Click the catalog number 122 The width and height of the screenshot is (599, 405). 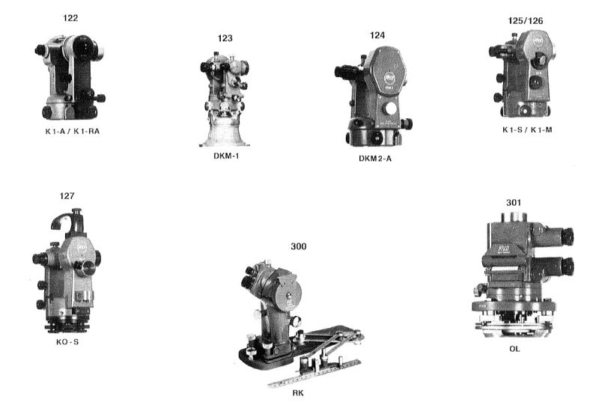point(70,18)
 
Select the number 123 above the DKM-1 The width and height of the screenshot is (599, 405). point(225,38)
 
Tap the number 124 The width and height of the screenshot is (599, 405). point(377,35)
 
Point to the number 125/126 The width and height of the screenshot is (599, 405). point(526,21)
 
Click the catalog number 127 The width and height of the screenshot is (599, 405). point(67,196)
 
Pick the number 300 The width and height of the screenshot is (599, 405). point(298,246)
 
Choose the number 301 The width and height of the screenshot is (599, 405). point(514,202)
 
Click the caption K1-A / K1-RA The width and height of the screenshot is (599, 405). point(72,132)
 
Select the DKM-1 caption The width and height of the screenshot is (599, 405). point(227,156)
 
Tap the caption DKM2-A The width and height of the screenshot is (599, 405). point(375,159)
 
